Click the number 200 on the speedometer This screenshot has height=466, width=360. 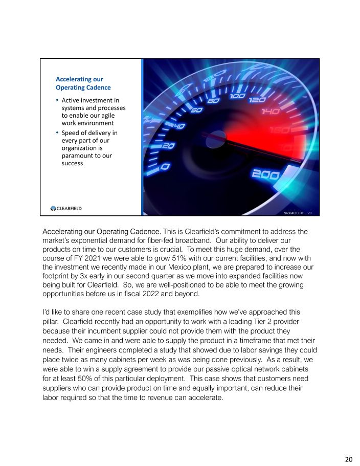(x=265, y=175)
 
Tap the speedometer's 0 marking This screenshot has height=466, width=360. (x=165, y=167)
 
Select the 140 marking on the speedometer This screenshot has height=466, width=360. (x=270, y=111)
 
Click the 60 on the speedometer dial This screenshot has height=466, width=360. (x=197, y=109)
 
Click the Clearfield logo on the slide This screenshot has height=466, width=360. (x=66, y=208)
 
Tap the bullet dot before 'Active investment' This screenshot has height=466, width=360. (x=57, y=100)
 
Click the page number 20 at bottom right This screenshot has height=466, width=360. (x=349, y=459)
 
